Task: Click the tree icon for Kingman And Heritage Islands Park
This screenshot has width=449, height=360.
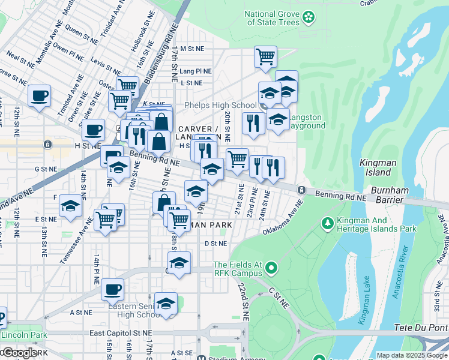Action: click(x=328, y=224)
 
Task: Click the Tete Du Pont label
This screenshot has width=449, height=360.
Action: click(x=421, y=329)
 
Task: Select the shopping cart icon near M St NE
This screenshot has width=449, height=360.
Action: click(x=265, y=57)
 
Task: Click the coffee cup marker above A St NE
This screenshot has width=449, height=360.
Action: click(x=112, y=290)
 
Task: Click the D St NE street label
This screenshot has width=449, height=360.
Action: click(x=215, y=244)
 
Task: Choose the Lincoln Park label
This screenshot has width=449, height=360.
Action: click(x=20, y=334)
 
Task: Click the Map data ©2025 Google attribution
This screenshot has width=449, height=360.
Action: click(x=412, y=355)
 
